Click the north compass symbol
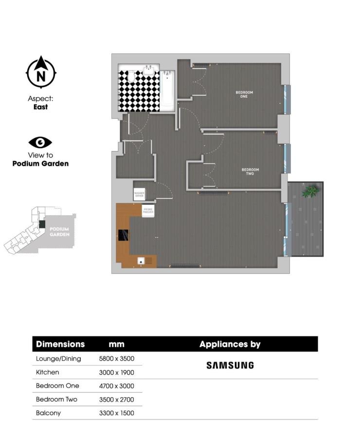(x=41, y=73)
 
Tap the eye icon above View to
(x=40, y=142)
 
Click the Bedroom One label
(x=244, y=94)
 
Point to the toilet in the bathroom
(x=131, y=77)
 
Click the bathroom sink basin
(x=149, y=71)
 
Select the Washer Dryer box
(x=140, y=193)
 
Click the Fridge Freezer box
(x=148, y=211)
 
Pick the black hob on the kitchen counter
(x=123, y=236)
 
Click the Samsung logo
(x=230, y=365)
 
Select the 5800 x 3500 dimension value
(x=116, y=359)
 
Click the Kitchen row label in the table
(x=47, y=372)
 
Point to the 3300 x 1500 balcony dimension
(x=116, y=413)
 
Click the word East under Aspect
(x=40, y=107)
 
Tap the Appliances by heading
(x=230, y=344)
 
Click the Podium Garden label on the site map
(x=59, y=231)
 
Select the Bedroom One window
(x=287, y=100)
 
